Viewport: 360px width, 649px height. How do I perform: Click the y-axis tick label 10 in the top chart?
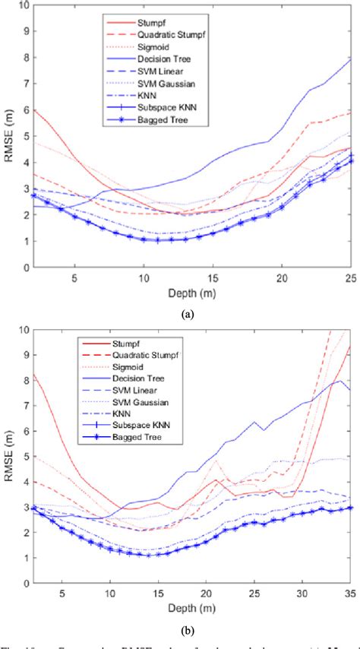coord(23,6)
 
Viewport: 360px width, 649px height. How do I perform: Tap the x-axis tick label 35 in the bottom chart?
coord(350,603)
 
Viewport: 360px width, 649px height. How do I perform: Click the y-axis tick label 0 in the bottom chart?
coord(26,591)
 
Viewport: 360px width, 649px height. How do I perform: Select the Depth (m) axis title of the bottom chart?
coord(191,615)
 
